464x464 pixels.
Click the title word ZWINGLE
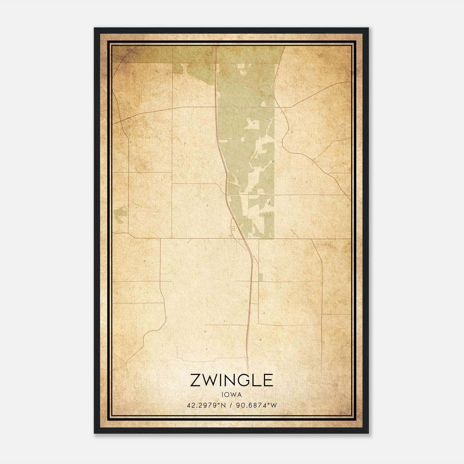click(x=231, y=380)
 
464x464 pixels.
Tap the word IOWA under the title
click(x=231, y=394)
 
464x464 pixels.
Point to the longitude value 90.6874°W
click(x=256, y=405)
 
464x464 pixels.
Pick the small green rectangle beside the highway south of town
click(x=260, y=277)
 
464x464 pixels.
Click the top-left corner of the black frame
click(x=95, y=28)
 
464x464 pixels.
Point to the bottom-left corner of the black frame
click(x=95, y=433)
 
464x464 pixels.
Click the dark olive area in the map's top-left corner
click(x=128, y=54)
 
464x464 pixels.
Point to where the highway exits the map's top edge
click(x=216, y=47)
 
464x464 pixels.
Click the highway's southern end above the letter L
click(x=247, y=362)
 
